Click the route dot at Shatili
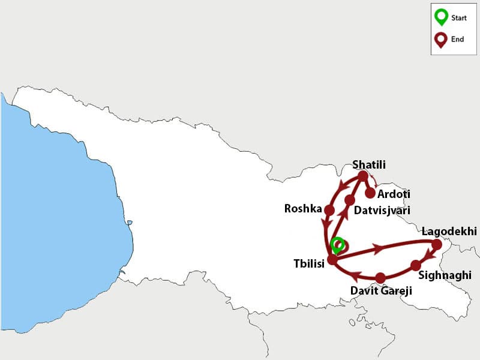(x=363, y=176)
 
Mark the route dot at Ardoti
(x=370, y=193)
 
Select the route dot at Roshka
(x=329, y=210)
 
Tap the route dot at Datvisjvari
(x=350, y=199)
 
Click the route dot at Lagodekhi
(x=437, y=244)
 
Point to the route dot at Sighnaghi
(x=416, y=265)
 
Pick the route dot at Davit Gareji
(x=380, y=278)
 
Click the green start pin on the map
(x=338, y=245)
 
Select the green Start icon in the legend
(x=441, y=17)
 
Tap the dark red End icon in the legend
(x=441, y=39)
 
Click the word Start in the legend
(x=459, y=18)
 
